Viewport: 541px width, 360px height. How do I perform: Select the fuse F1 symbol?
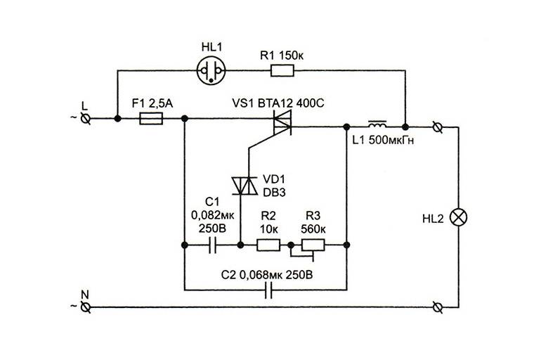pyautogui.click(x=152, y=120)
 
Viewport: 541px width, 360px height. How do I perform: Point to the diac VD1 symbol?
pyautogui.click(x=240, y=185)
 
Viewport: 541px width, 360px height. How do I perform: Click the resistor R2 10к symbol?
pyautogui.click(x=268, y=245)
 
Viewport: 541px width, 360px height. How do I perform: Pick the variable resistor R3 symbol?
pyautogui.click(x=313, y=245)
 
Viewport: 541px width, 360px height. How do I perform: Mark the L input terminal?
pyautogui.click(x=87, y=120)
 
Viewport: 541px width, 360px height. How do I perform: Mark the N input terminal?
pyautogui.click(x=87, y=307)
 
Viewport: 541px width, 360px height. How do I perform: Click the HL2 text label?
pyautogui.click(x=430, y=219)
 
